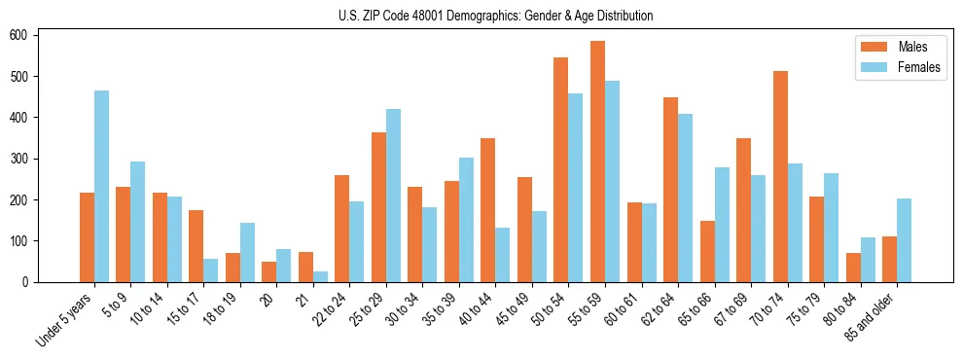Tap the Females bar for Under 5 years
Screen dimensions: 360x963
click(x=101, y=186)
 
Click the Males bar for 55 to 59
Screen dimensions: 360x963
click(x=597, y=162)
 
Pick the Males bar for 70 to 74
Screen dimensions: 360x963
click(x=779, y=176)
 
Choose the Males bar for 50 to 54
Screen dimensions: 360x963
click(x=560, y=169)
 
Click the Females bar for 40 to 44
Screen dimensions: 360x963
click(x=502, y=255)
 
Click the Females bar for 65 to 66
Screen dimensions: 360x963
click(x=721, y=225)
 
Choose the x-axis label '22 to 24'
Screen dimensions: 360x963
click(x=330, y=310)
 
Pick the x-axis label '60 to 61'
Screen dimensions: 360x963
click(x=622, y=310)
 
